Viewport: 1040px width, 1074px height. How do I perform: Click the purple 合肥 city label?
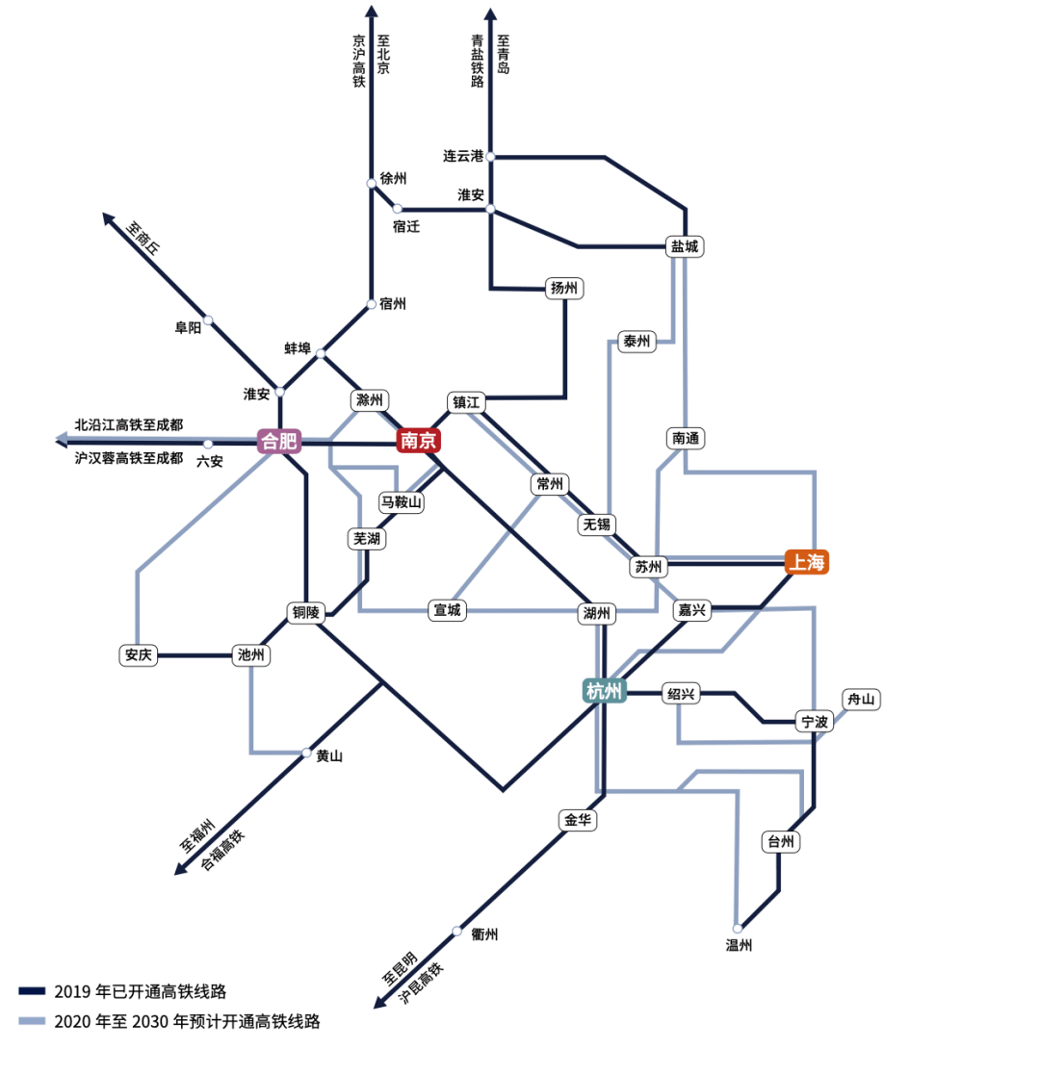(x=279, y=442)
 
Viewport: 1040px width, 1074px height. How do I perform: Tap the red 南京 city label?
(x=419, y=441)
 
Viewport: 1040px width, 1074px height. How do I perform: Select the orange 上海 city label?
(x=807, y=562)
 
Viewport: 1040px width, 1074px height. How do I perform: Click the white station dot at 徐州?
(x=372, y=183)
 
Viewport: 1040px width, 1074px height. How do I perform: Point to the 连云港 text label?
(x=463, y=156)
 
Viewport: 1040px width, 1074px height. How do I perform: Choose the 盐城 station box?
(x=685, y=246)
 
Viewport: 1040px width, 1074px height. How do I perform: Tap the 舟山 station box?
(x=861, y=699)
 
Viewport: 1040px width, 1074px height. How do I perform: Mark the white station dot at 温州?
(x=738, y=929)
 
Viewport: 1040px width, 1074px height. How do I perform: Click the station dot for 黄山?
(x=307, y=753)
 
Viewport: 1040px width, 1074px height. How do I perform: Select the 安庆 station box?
(x=139, y=655)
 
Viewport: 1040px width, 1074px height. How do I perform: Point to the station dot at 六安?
(x=208, y=444)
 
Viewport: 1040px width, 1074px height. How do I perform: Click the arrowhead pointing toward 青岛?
(x=490, y=13)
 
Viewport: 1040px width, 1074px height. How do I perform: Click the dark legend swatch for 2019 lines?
(x=32, y=990)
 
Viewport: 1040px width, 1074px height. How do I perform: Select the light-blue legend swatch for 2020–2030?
(x=32, y=1022)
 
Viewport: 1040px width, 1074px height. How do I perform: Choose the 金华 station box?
(x=579, y=820)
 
